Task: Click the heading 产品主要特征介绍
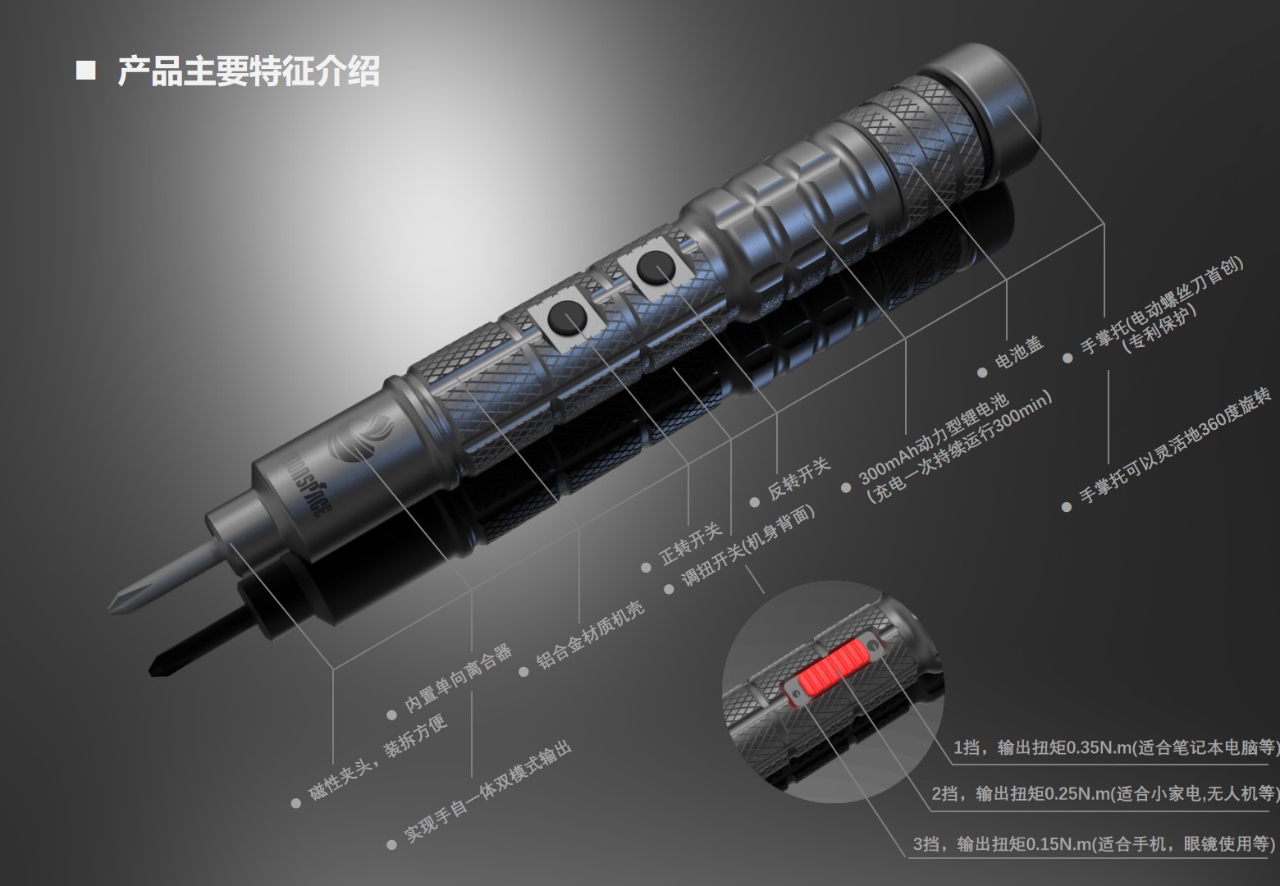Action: click(248, 72)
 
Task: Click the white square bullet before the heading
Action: click(85, 71)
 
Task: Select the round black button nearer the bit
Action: click(565, 316)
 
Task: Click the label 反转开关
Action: click(799, 480)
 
